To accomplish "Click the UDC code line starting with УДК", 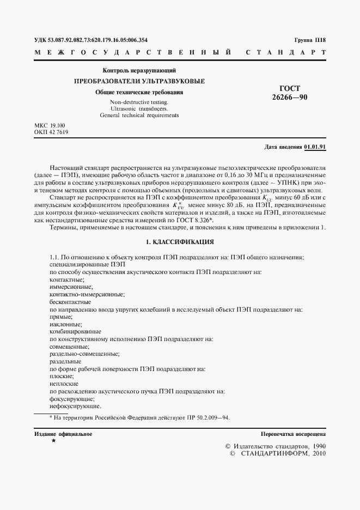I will pyautogui.click(x=90, y=40).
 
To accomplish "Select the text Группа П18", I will pyautogui.click(x=309, y=40).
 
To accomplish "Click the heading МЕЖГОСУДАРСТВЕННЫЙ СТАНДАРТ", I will pyautogui.click(x=180, y=53).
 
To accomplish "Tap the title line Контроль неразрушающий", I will pyautogui.click(x=139, y=71).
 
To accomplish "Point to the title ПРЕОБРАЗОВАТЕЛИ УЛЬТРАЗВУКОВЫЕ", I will pyautogui.click(x=139, y=81).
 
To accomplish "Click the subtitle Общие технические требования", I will pyautogui.click(x=139, y=92).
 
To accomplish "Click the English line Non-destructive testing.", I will pyautogui.click(x=139, y=102).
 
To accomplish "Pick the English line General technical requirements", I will pyautogui.click(x=139, y=115).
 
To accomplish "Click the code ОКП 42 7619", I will pyautogui.click(x=51, y=132).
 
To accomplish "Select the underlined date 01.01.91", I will pyautogui.click(x=315, y=147).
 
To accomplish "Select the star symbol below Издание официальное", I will pyautogui.click(x=53, y=440).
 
